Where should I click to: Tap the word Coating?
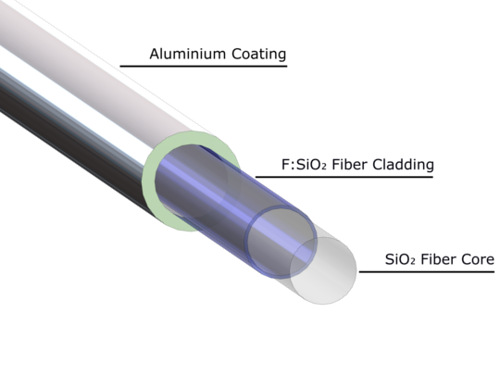(258, 54)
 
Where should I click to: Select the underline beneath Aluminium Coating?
(204, 67)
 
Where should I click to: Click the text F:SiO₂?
(304, 165)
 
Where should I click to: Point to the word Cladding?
(403, 165)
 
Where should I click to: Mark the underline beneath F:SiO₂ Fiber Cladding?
(344, 176)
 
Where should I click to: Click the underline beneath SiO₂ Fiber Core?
(427, 271)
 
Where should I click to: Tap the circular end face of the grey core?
(323, 270)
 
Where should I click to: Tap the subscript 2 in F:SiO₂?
(324, 167)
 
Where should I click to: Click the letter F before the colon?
(285, 165)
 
